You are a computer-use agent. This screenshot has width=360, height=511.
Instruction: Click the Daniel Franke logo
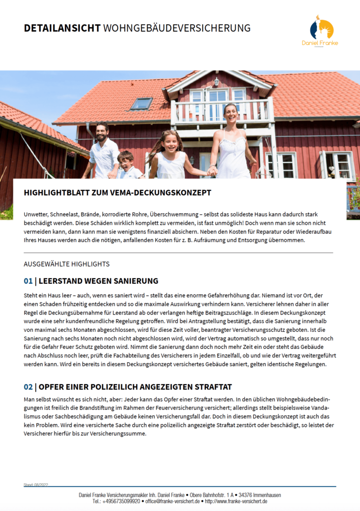point(320,31)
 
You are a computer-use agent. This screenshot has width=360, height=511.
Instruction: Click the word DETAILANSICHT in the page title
point(62,28)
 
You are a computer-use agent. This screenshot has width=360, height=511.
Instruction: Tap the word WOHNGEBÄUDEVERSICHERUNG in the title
point(177,28)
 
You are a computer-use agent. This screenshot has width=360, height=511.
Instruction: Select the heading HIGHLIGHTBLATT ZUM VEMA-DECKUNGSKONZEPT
point(118,192)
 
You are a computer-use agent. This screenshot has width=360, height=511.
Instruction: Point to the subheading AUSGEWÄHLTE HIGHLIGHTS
point(66,264)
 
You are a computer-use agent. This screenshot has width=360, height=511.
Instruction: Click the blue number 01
point(28,281)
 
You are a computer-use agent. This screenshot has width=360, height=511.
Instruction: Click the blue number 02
point(28,387)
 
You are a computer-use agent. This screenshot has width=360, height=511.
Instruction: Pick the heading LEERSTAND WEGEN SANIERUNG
point(98,281)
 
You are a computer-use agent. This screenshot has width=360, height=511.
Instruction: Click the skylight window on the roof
point(141,104)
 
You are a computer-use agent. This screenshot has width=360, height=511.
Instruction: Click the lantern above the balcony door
point(216,81)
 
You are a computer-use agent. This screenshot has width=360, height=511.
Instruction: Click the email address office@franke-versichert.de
point(172,502)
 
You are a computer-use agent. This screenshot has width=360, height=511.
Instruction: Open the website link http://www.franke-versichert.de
point(236,502)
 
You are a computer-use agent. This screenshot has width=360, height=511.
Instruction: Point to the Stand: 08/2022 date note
point(36,484)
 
